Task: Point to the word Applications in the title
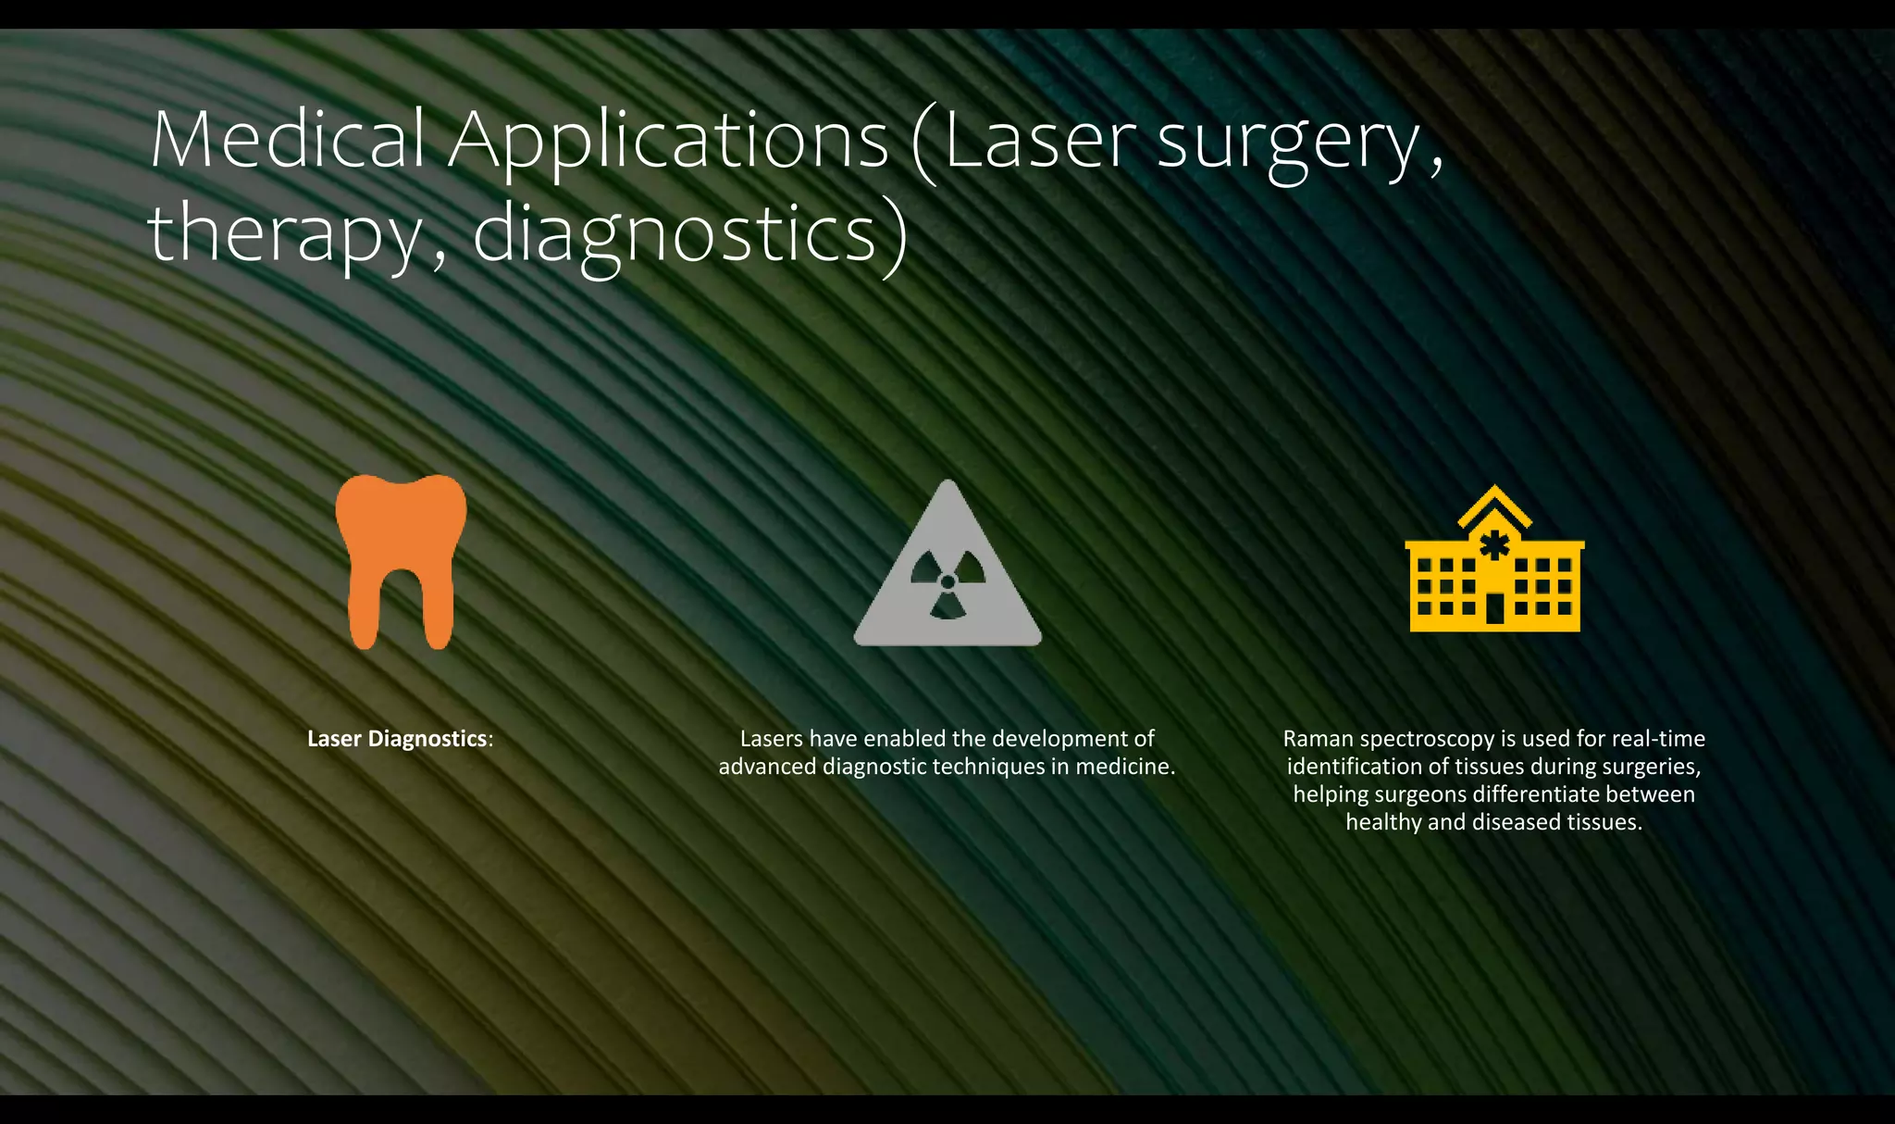pyautogui.click(x=668, y=141)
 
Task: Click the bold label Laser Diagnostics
pyautogui.click(x=397, y=739)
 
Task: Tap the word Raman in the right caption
pyautogui.click(x=1316, y=739)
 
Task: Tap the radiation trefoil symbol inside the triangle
pyautogui.click(x=947, y=582)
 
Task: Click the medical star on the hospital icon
pyautogui.click(x=1494, y=544)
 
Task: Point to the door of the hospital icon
pyautogui.click(x=1495, y=608)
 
